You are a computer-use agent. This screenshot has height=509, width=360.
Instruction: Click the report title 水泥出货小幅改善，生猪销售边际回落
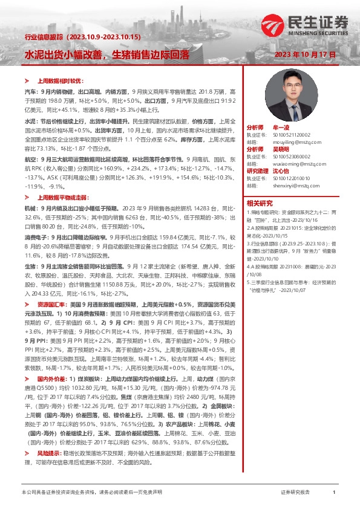(107, 54)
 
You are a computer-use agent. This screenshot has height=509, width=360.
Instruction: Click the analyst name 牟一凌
(282, 128)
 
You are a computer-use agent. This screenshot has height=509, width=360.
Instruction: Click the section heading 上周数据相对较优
(58, 80)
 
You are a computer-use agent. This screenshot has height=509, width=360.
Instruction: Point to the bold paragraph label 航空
(30, 158)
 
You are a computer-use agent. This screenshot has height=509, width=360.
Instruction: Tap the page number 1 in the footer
(334, 493)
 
